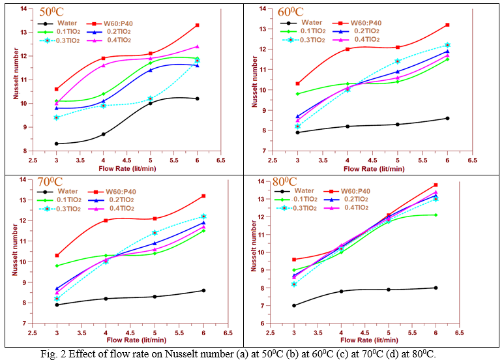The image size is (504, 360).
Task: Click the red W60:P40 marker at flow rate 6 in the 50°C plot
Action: click(198, 25)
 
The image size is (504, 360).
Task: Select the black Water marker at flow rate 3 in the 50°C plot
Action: click(57, 143)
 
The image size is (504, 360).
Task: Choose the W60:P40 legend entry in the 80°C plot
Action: click(370, 191)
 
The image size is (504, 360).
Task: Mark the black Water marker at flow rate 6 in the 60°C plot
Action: click(447, 118)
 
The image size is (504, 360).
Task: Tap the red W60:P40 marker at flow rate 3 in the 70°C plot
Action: click(57, 256)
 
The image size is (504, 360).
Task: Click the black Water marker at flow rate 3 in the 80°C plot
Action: click(294, 305)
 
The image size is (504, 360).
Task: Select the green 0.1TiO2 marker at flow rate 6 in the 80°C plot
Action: click(436, 215)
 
